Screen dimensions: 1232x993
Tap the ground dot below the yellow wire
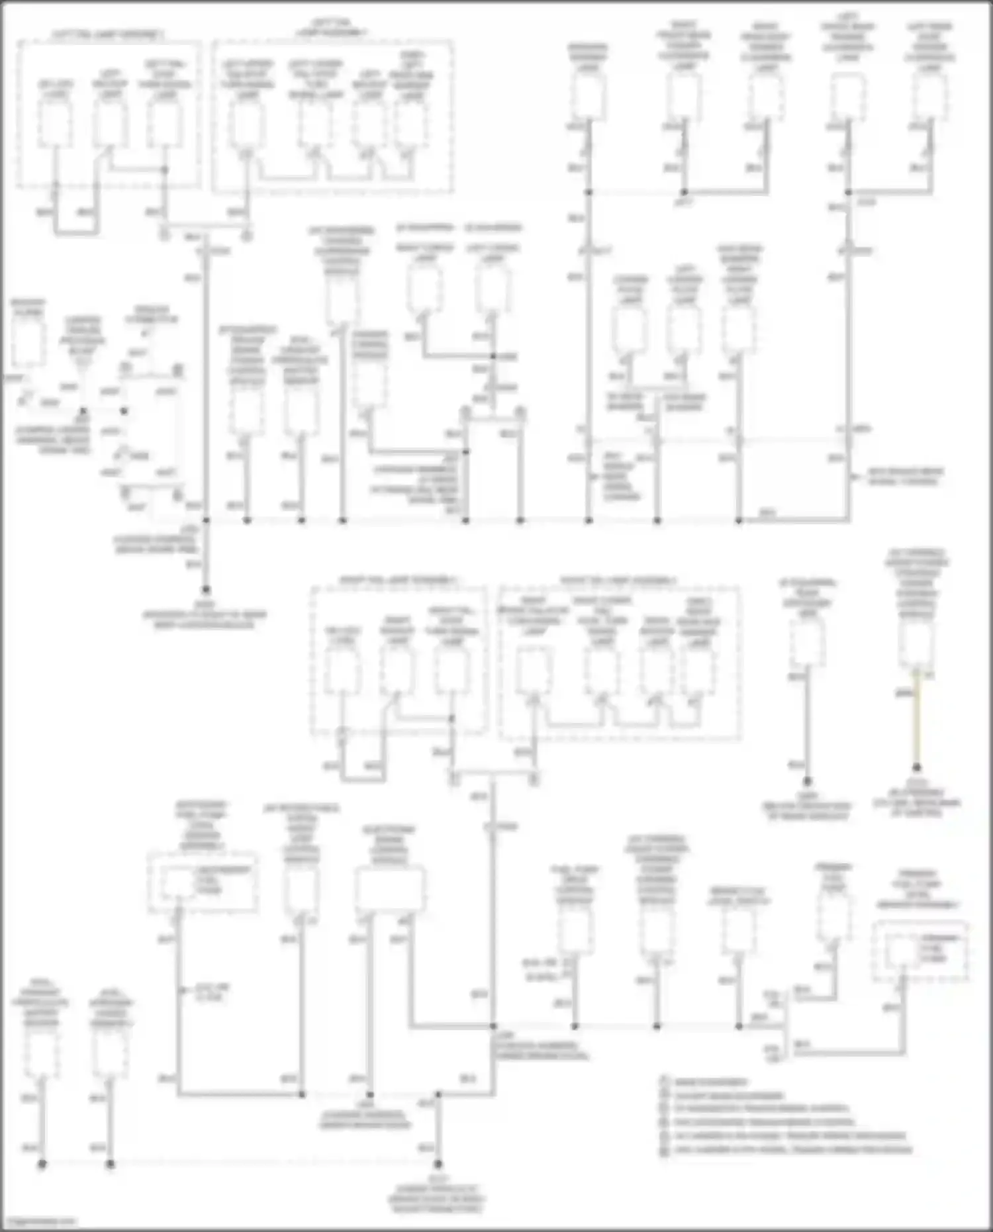(916, 768)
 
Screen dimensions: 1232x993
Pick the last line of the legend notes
(788, 1150)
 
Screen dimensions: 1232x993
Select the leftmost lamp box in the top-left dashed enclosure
(55, 124)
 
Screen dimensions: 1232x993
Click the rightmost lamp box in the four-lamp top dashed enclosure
(412, 124)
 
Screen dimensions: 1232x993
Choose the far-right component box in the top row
(930, 97)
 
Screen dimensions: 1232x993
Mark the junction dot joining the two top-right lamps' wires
(848, 193)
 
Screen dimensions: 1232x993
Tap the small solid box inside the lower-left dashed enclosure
(179, 884)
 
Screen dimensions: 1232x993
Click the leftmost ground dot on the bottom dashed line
(42, 1163)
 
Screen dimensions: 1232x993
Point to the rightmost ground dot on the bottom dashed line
(438, 1163)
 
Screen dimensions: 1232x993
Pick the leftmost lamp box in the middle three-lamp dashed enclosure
(343, 672)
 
